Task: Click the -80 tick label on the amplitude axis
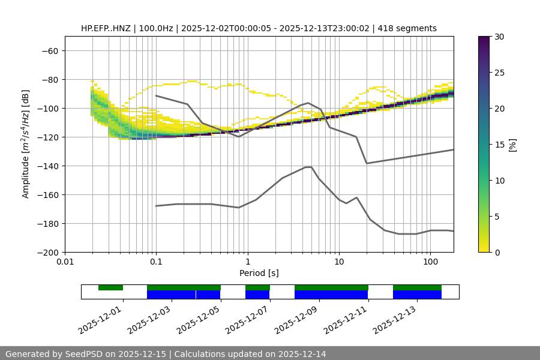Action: tap(51, 79)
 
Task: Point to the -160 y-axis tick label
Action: tap(49, 194)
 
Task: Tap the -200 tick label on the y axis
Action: tap(49, 252)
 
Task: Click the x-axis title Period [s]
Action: tap(259, 273)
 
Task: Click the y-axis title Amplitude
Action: tap(26, 144)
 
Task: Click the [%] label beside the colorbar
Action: tap(512, 145)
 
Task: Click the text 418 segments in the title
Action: tap(409, 28)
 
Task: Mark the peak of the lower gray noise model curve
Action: tap(308, 167)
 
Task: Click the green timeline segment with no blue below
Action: tap(110, 287)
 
